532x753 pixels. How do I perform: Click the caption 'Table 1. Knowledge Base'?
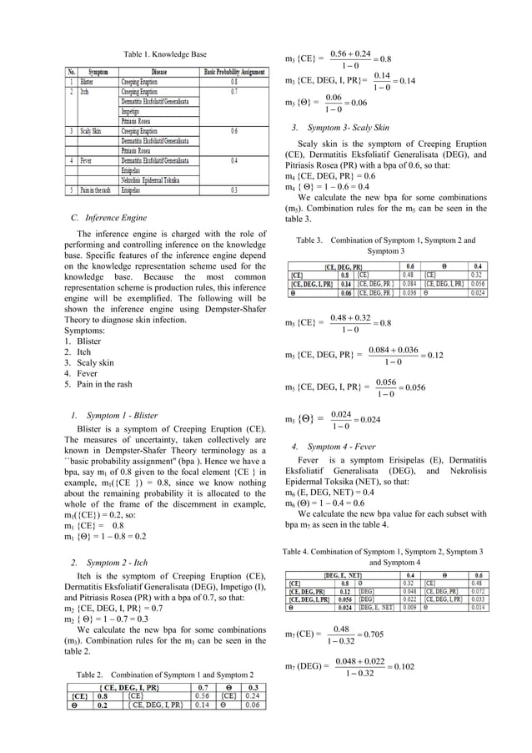[165, 54]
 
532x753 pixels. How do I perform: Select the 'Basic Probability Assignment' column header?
[235, 73]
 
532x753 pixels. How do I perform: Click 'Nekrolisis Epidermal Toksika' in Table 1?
[156, 179]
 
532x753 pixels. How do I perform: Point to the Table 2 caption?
[165, 673]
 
